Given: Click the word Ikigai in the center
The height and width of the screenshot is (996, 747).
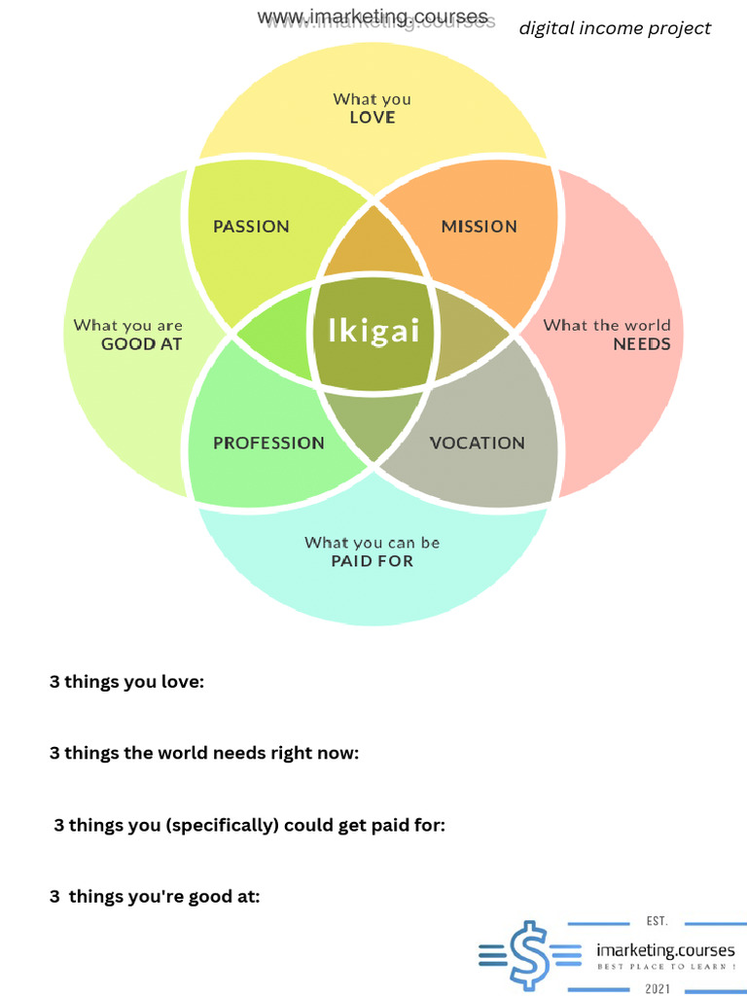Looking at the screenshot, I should click(374, 332).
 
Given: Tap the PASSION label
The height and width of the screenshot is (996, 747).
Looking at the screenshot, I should click(251, 227).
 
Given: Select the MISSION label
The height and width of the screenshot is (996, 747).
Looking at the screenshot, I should click(479, 227).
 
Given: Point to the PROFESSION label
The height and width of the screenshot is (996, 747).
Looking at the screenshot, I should click(268, 444).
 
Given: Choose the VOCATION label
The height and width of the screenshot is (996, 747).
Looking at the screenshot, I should click(477, 444).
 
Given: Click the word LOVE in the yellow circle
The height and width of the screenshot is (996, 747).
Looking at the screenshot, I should click(373, 118).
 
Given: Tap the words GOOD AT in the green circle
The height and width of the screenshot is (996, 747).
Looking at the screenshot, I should click(142, 344).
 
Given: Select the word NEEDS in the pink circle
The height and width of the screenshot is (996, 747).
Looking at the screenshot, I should click(641, 344).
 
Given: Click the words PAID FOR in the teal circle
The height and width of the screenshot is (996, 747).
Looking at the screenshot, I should click(373, 561).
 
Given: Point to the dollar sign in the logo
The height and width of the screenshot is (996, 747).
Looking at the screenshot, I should click(527, 955).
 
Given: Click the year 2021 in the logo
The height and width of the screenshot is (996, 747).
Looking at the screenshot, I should click(658, 988).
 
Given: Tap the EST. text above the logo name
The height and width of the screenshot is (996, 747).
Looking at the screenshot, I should click(658, 921).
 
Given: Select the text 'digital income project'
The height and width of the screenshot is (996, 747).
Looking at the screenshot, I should click(615, 28).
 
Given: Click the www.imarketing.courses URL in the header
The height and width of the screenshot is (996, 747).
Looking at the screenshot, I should click(373, 18).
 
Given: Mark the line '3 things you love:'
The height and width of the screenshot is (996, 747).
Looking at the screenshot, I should click(126, 682).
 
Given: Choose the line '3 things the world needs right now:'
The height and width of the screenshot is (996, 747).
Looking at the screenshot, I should click(204, 753).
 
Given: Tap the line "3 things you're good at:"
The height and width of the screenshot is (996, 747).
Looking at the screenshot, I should click(155, 897).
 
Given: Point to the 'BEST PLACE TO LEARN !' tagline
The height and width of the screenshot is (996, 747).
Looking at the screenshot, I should click(665, 967).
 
